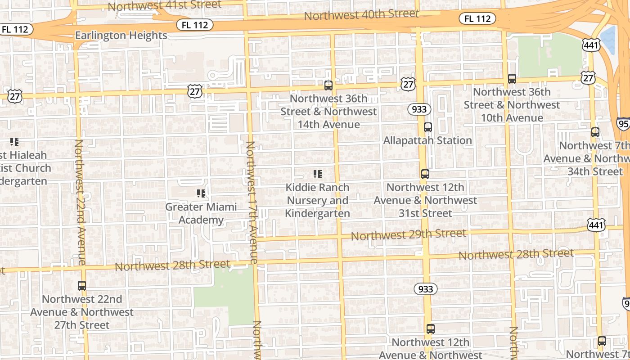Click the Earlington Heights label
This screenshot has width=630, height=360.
coord(121,36)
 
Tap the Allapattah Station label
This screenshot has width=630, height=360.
coord(427,140)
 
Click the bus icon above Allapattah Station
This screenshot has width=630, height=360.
coord(427,127)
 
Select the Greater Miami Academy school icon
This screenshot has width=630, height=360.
coord(201,193)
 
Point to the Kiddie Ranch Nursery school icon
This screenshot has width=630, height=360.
coord(318,174)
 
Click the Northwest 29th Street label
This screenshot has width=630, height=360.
coord(408,234)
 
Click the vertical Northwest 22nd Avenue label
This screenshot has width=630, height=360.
coord(80,202)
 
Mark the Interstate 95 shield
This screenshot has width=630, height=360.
coord(623,124)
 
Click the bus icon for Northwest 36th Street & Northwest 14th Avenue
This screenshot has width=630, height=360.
coord(328,85)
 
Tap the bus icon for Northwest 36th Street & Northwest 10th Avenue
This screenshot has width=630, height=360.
coord(512,79)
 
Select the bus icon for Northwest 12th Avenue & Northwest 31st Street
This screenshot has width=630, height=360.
coord(425,174)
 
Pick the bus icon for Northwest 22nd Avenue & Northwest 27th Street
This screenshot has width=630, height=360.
coord(81,285)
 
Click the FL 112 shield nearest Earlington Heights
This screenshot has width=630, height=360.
coord(194,25)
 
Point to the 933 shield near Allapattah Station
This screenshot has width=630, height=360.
coord(419,109)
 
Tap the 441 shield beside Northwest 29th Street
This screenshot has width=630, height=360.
coord(596,225)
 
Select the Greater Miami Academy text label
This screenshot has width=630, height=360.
coord(201,213)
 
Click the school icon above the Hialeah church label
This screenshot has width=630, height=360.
coord(14,142)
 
